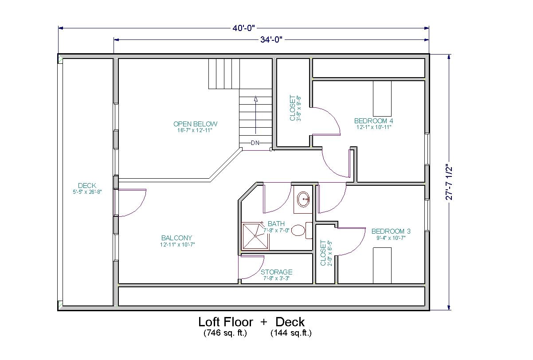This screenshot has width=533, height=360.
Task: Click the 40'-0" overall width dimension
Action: coord(243,28)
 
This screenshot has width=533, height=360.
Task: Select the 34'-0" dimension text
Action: coord(271,39)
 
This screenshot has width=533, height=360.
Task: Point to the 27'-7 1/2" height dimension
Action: coord(449,183)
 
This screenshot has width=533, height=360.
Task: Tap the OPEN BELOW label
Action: coord(195,124)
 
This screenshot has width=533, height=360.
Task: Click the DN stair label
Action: coord(255,143)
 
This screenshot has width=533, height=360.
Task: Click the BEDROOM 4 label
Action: coord(373,121)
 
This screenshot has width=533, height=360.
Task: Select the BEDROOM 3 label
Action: coord(391,231)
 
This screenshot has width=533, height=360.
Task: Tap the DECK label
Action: coord(87,185)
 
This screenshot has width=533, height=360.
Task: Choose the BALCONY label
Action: coord(176,238)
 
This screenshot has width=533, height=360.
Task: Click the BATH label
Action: coord(276,223)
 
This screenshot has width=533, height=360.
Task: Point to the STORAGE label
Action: coord(277,272)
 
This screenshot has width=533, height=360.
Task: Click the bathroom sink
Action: coord(303,200)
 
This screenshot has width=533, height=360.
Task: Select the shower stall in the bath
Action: coord(255,236)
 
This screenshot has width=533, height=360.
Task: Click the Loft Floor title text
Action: coord(226,322)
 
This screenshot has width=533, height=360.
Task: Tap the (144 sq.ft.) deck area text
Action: coord(291,333)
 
